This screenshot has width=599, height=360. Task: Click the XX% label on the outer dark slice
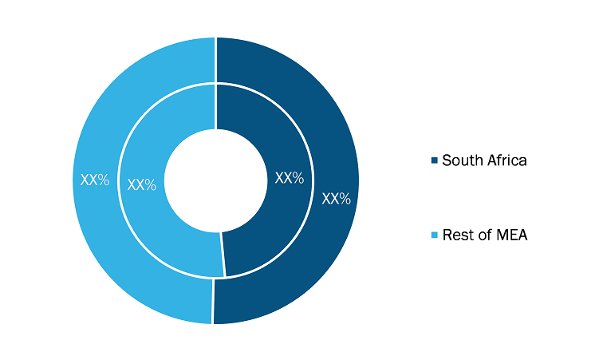point(336,199)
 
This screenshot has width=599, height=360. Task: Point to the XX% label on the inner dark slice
point(290,178)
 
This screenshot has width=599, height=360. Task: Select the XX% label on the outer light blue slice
point(95,180)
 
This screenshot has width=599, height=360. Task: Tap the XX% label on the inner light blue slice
point(142,185)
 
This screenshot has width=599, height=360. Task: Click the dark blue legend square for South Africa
point(435,160)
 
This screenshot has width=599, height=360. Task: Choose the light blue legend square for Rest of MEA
point(435,235)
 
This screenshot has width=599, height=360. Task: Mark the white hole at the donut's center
point(216,180)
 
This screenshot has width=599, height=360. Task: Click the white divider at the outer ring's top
point(216,60)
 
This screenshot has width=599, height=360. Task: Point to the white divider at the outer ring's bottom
point(213,302)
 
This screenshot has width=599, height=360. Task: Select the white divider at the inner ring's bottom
point(223,255)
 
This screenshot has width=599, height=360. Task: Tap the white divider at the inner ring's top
point(216,107)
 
